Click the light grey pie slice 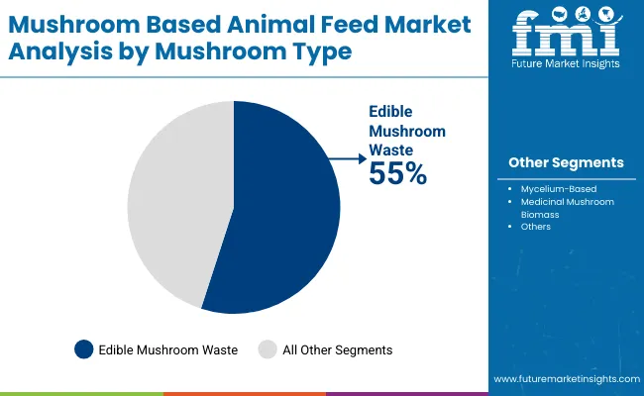click(x=178, y=198)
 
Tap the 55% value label click(x=397, y=174)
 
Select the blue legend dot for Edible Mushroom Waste click(x=84, y=349)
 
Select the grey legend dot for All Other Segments click(x=267, y=349)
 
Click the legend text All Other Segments click(x=338, y=349)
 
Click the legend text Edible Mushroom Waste click(x=167, y=349)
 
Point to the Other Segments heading click(x=566, y=162)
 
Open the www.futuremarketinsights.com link click(x=564, y=379)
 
